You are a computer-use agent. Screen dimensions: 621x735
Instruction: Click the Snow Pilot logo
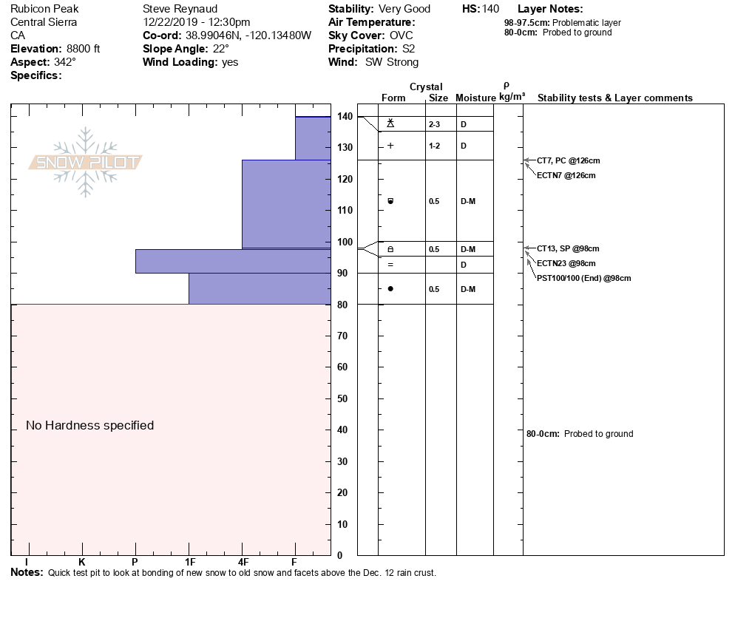coord(86,163)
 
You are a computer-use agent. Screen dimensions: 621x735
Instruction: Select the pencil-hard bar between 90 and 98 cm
coord(233,261)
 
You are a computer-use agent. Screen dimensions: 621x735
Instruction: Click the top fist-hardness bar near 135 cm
coord(313,138)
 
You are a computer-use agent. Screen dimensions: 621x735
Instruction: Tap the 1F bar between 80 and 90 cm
coord(260,288)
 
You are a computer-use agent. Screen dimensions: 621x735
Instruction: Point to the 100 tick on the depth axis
coord(345,242)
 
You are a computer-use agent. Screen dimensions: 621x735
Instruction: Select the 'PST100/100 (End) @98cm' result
coord(584,278)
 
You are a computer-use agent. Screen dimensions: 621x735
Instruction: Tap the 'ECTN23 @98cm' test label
coord(566,263)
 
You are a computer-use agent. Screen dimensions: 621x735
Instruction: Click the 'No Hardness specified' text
coord(90,425)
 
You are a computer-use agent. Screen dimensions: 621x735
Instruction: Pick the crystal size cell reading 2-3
coord(435,124)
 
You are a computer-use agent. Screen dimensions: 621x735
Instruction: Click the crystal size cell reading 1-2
coord(435,146)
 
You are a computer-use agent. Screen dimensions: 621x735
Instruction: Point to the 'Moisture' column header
coord(475,98)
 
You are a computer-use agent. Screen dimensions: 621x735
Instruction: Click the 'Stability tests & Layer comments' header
coord(615,98)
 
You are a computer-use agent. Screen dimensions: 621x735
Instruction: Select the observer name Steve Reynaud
coord(180,9)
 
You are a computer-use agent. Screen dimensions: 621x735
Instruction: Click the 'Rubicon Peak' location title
coord(44,9)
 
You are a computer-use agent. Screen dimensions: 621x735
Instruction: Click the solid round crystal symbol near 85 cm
coord(390,288)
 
